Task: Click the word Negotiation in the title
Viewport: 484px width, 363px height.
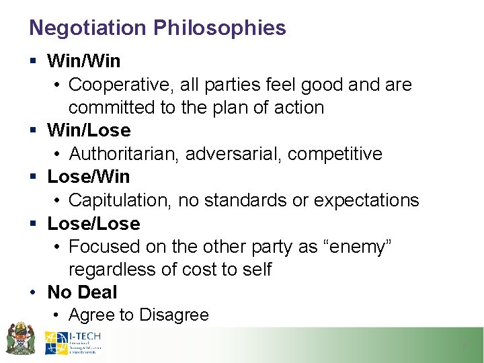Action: click(88, 28)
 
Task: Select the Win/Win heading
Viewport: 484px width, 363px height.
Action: click(84, 61)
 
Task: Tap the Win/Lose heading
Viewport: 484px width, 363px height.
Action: click(89, 130)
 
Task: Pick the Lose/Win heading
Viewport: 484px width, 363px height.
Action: click(89, 177)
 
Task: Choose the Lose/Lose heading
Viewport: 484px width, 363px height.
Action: click(93, 223)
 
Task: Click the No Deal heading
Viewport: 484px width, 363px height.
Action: click(82, 292)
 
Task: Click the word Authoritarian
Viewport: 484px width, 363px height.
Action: click(124, 154)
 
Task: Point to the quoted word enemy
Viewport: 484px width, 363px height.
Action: click(356, 247)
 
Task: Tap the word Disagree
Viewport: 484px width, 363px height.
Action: click(173, 315)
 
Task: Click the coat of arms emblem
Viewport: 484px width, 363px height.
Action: click(20, 339)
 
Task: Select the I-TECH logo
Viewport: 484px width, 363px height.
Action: click(73, 342)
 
